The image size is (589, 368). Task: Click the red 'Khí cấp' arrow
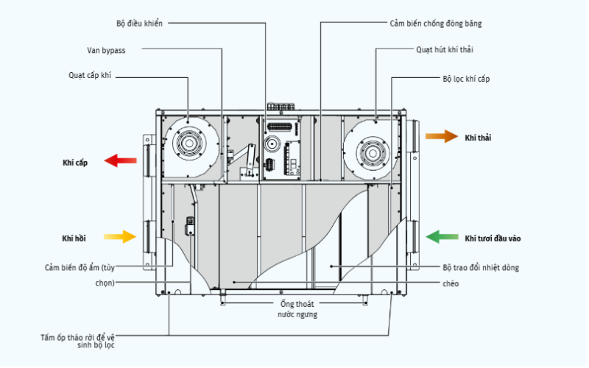click(x=120, y=161)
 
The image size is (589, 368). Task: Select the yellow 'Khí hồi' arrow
click(x=120, y=237)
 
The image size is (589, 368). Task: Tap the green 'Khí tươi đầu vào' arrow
click(x=443, y=237)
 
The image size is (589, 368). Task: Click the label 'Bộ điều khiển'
click(x=139, y=24)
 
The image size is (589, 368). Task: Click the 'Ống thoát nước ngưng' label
click(x=289, y=309)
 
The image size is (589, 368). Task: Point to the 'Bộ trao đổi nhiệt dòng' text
click(x=481, y=268)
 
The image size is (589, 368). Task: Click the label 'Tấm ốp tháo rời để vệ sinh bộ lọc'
click(x=77, y=341)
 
